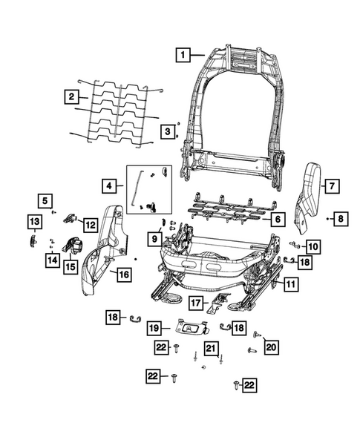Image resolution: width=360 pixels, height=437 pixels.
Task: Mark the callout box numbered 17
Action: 194,302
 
